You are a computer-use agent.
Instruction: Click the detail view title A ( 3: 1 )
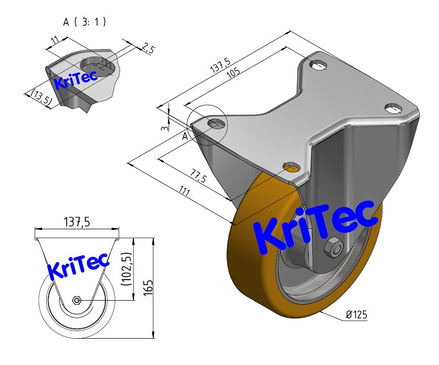coord(84,22)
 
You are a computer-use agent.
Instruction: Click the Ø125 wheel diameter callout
coord(356,315)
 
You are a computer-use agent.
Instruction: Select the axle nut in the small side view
coord(77,300)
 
